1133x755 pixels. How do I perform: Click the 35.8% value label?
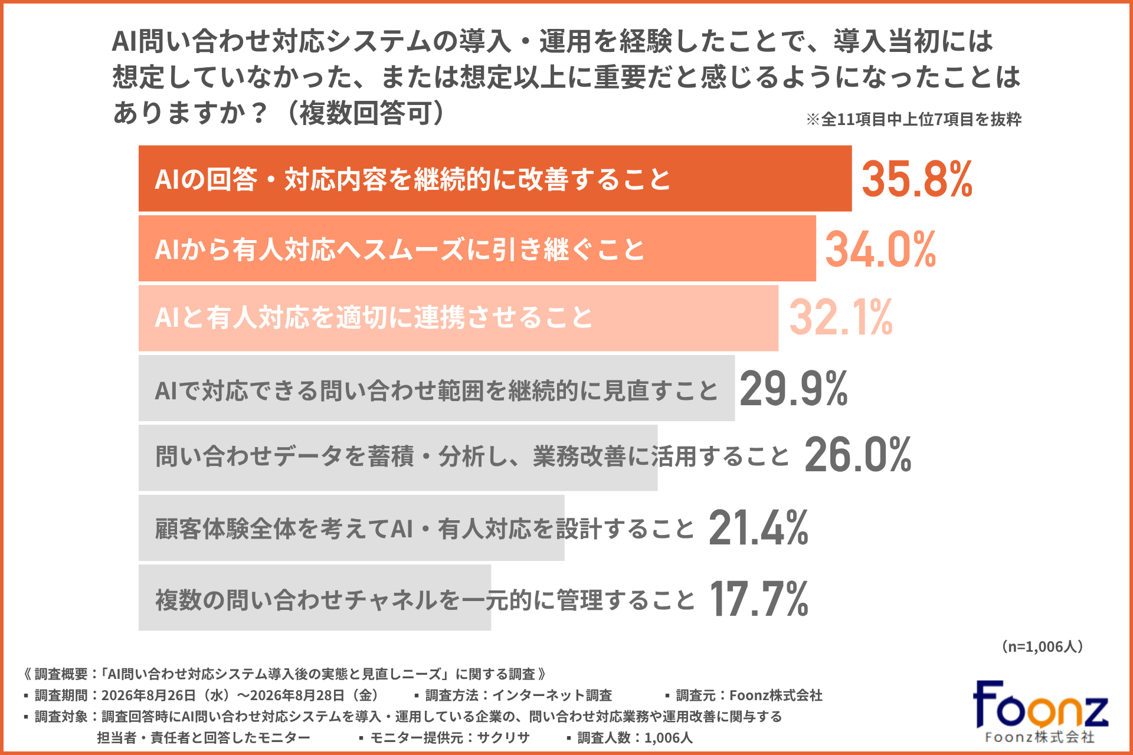(x=917, y=179)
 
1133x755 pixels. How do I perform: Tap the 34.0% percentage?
(x=880, y=249)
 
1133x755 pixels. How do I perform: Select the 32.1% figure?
(x=841, y=317)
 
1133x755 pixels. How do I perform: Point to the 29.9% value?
(x=794, y=388)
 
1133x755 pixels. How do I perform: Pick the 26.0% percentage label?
(x=858, y=454)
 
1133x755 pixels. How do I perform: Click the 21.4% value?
(x=758, y=527)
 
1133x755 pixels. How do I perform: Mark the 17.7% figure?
(x=759, y=598)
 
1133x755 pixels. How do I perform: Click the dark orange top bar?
(x=495, y=178)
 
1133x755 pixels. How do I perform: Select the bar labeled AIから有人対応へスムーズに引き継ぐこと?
(x=477, y=248)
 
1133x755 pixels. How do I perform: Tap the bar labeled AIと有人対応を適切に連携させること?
(x=459, y=318)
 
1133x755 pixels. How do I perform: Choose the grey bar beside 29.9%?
(x=437, y=388)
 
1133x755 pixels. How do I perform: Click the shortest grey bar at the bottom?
(x=315, y=598)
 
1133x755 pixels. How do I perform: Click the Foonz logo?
(x=1040, y=711)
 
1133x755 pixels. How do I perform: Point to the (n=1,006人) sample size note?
(x=1043, y=646)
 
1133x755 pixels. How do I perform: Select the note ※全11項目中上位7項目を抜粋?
(x=913, y=119)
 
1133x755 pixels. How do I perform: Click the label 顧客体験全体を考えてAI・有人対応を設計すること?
(x=425, y=528)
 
